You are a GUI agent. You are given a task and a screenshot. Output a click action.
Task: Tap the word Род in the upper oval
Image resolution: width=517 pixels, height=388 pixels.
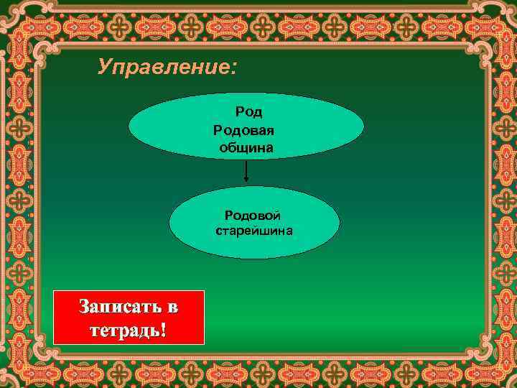[x=249, y=112]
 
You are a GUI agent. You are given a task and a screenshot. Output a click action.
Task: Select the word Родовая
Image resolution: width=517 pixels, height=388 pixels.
[x=243, y=130]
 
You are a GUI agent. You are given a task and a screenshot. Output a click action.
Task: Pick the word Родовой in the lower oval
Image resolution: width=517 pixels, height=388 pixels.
[x=253, y=216]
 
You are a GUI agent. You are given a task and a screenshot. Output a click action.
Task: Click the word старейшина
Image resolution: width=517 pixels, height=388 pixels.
[x=253, y=231]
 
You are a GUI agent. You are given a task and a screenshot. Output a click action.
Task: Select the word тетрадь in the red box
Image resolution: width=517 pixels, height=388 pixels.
[x=124, y=331]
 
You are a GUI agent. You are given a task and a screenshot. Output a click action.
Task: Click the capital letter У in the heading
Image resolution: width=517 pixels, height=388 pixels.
[x=105, y=68]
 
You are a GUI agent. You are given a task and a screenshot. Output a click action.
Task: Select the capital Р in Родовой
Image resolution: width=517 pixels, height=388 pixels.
[x=228, y=216]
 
